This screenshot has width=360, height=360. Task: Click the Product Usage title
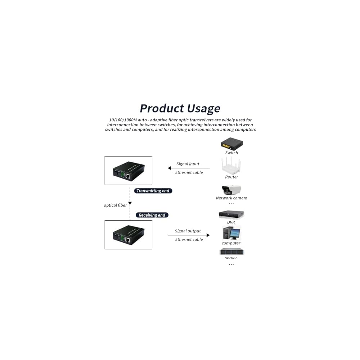click(x=180, y=108)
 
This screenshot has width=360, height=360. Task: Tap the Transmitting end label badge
click(x=153, y=191)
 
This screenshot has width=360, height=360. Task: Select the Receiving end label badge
click(x=152, y=215)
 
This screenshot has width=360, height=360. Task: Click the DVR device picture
click(x=231, y=215)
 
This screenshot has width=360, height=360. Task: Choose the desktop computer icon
click(x=231, y=233)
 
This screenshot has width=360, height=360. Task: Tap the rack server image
click(x=231, y=251)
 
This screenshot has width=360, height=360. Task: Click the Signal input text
click(x=188, y=164)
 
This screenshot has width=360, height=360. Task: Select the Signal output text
click(x=188, y=231)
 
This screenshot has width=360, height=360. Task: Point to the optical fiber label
click(x=115, y=205)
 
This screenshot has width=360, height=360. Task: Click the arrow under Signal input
click(x=189, y=168)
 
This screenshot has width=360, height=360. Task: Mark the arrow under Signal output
click(x=189, y=235)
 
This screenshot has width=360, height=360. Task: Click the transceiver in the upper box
click(x=129, y=171)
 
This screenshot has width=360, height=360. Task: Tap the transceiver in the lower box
click(x=129, y=235)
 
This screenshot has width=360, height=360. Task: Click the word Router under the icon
click(x=231, y=177)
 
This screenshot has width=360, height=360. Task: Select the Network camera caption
click(x=231, y=198)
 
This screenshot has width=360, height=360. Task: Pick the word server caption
click(x=231, y=258)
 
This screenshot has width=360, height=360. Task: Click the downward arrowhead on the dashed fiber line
click(x=130, y=203)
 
